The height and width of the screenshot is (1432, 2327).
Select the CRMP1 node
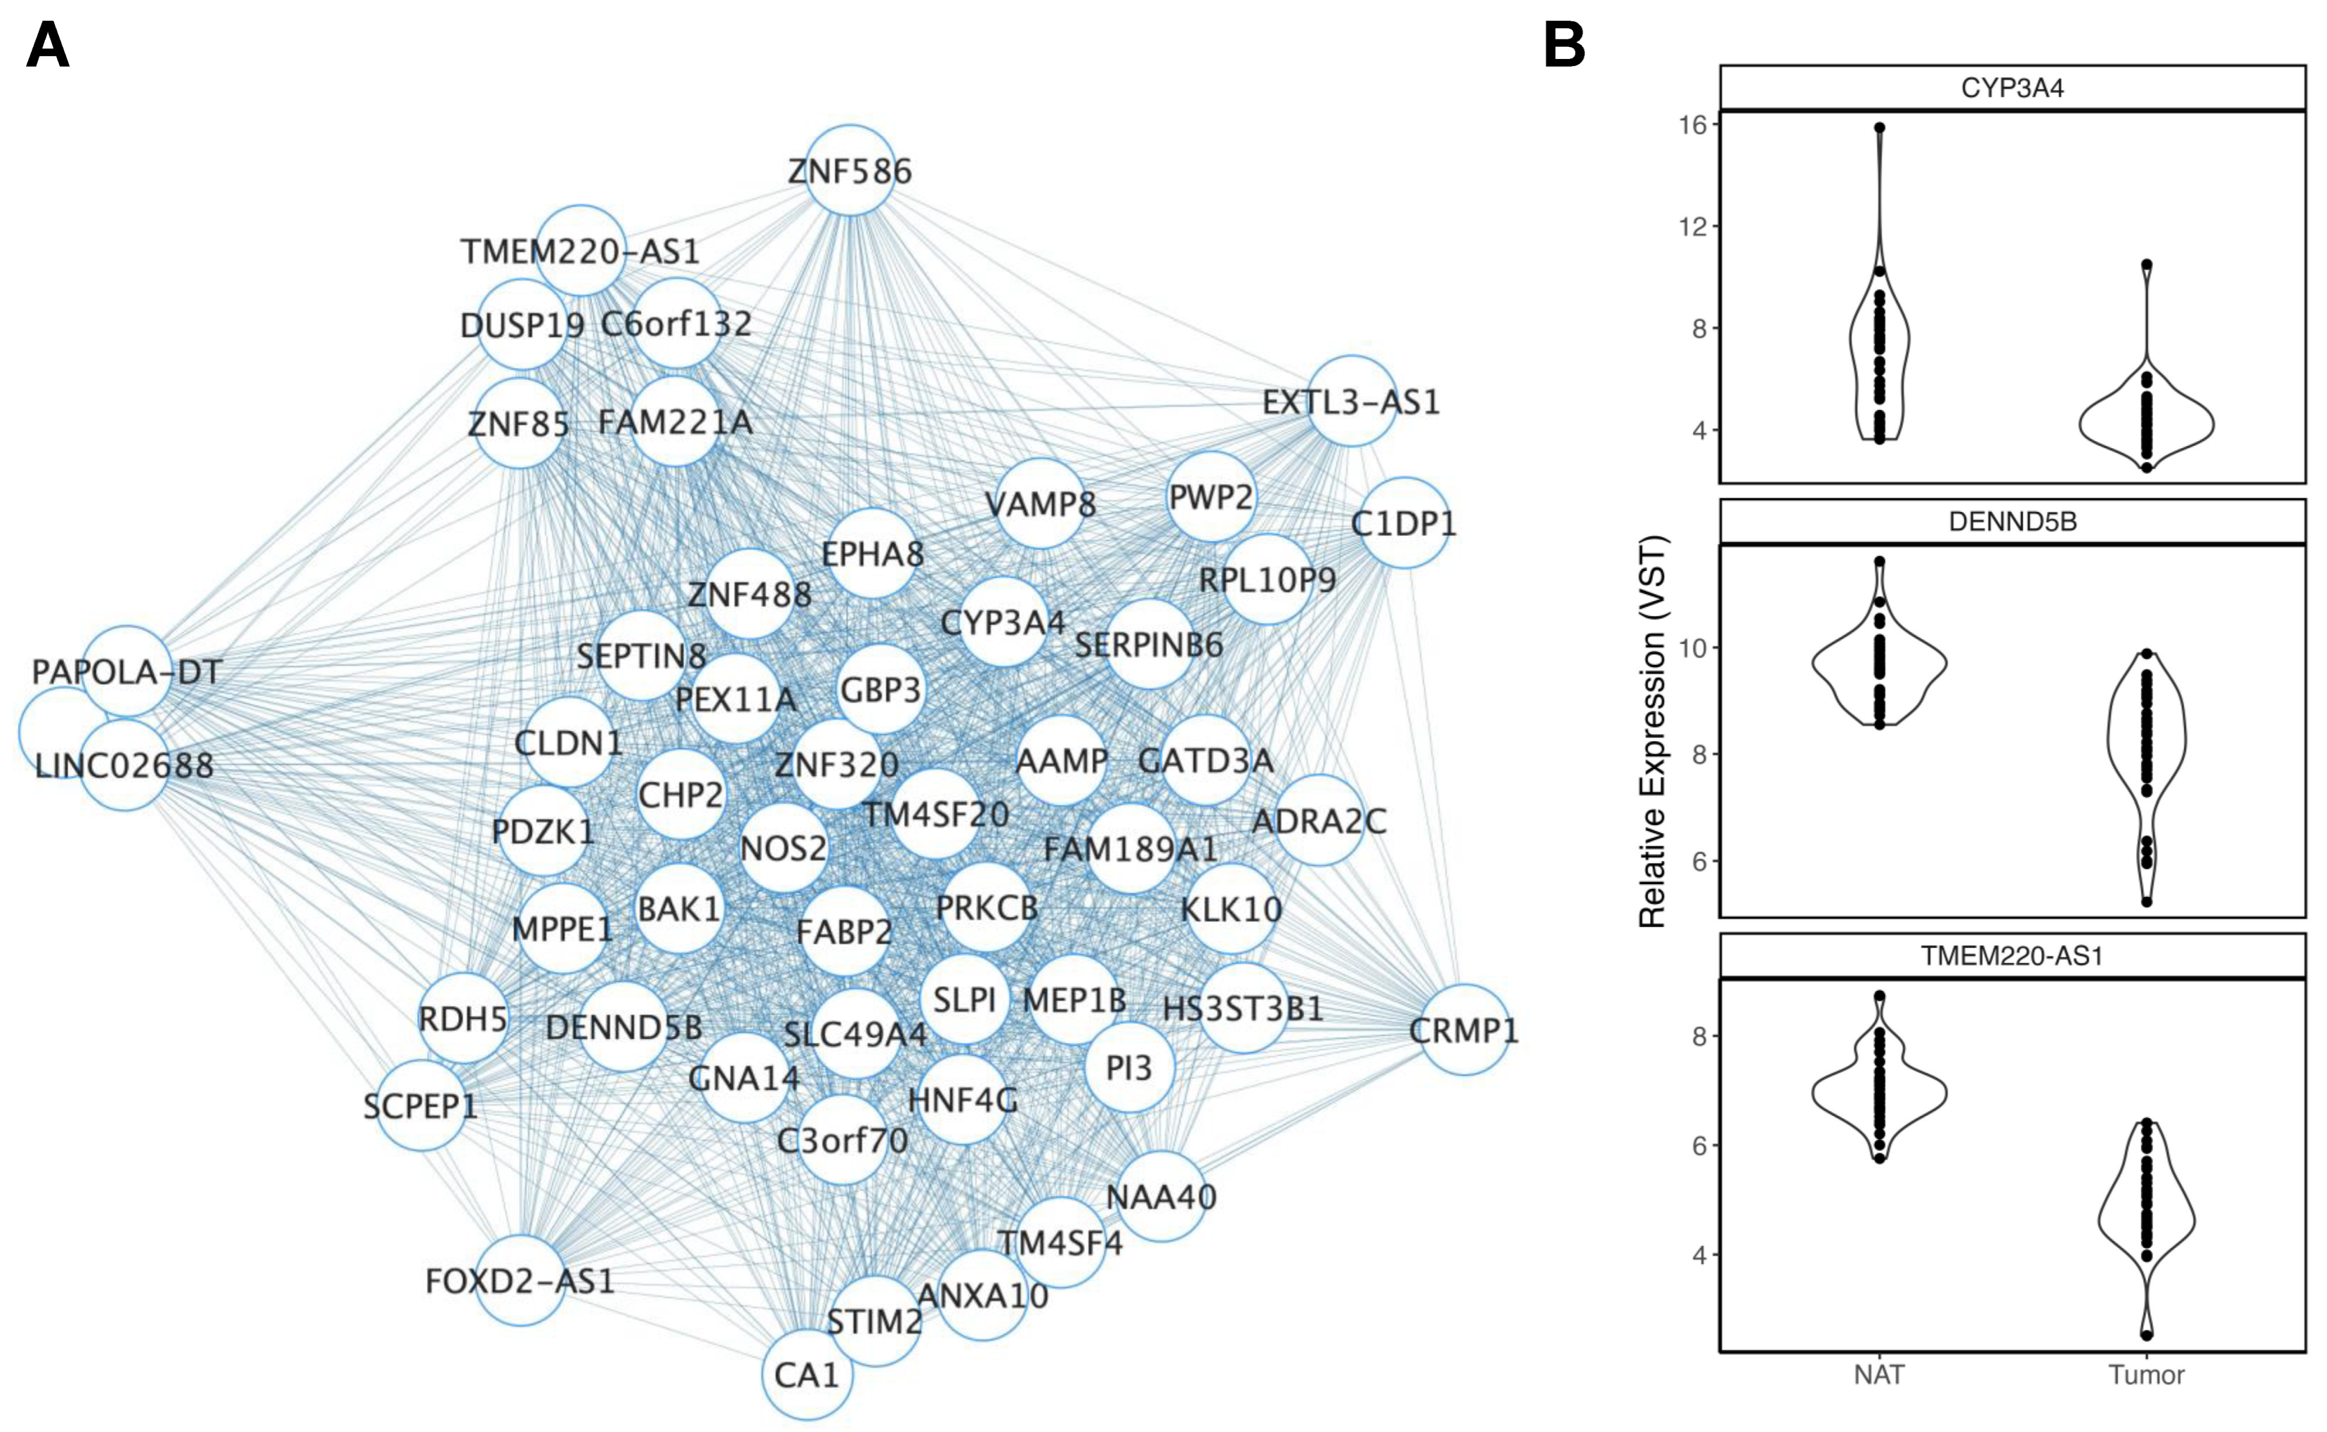point(1464,1030)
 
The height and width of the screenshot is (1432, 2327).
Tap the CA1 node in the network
point(807,1375)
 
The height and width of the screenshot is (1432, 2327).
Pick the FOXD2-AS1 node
point(520,1280)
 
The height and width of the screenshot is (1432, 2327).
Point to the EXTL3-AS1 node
point(1351,402)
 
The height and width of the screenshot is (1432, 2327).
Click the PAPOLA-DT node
point(126,672)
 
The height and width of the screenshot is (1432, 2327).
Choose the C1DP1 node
point(1404,523)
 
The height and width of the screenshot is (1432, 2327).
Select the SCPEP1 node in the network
point(420,1105)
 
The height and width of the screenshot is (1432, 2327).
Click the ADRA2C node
point(1319,820)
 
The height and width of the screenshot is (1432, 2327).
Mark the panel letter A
point(47,45)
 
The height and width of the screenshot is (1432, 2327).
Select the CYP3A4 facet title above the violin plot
point(2012,88)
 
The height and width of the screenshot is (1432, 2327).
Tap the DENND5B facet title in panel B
point(2012,522)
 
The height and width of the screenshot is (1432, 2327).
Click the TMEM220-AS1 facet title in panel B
point(2012,955)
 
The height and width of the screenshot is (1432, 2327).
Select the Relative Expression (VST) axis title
point(1651,731)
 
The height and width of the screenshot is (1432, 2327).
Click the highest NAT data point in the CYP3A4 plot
point(1879,127)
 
